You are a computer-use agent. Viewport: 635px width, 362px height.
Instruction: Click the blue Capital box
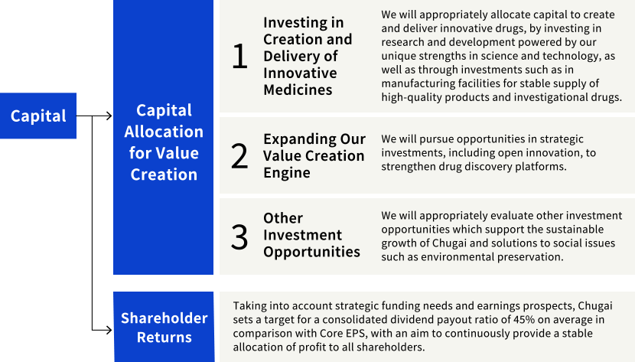click(x=38, y=116)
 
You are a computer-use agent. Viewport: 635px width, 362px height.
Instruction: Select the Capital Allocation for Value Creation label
click(x=164, y=142)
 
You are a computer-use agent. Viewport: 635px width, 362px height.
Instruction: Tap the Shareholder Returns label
click(x=164, y=327)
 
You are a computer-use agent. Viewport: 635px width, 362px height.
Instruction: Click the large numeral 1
click(x=239, y=57)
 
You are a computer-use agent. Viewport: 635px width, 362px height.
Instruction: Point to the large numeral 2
click(x=239, y=156)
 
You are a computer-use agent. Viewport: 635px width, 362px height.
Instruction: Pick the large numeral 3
click(x=239, y=236)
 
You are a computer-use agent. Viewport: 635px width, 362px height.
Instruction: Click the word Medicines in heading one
click(x=298, y=90)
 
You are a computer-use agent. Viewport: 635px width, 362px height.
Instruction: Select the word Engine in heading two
click(x=286, y=173)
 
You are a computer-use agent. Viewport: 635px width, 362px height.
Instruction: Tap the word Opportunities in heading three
click(x=311, y=252)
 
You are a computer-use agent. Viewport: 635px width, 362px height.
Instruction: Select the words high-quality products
click(x=428, y=97)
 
